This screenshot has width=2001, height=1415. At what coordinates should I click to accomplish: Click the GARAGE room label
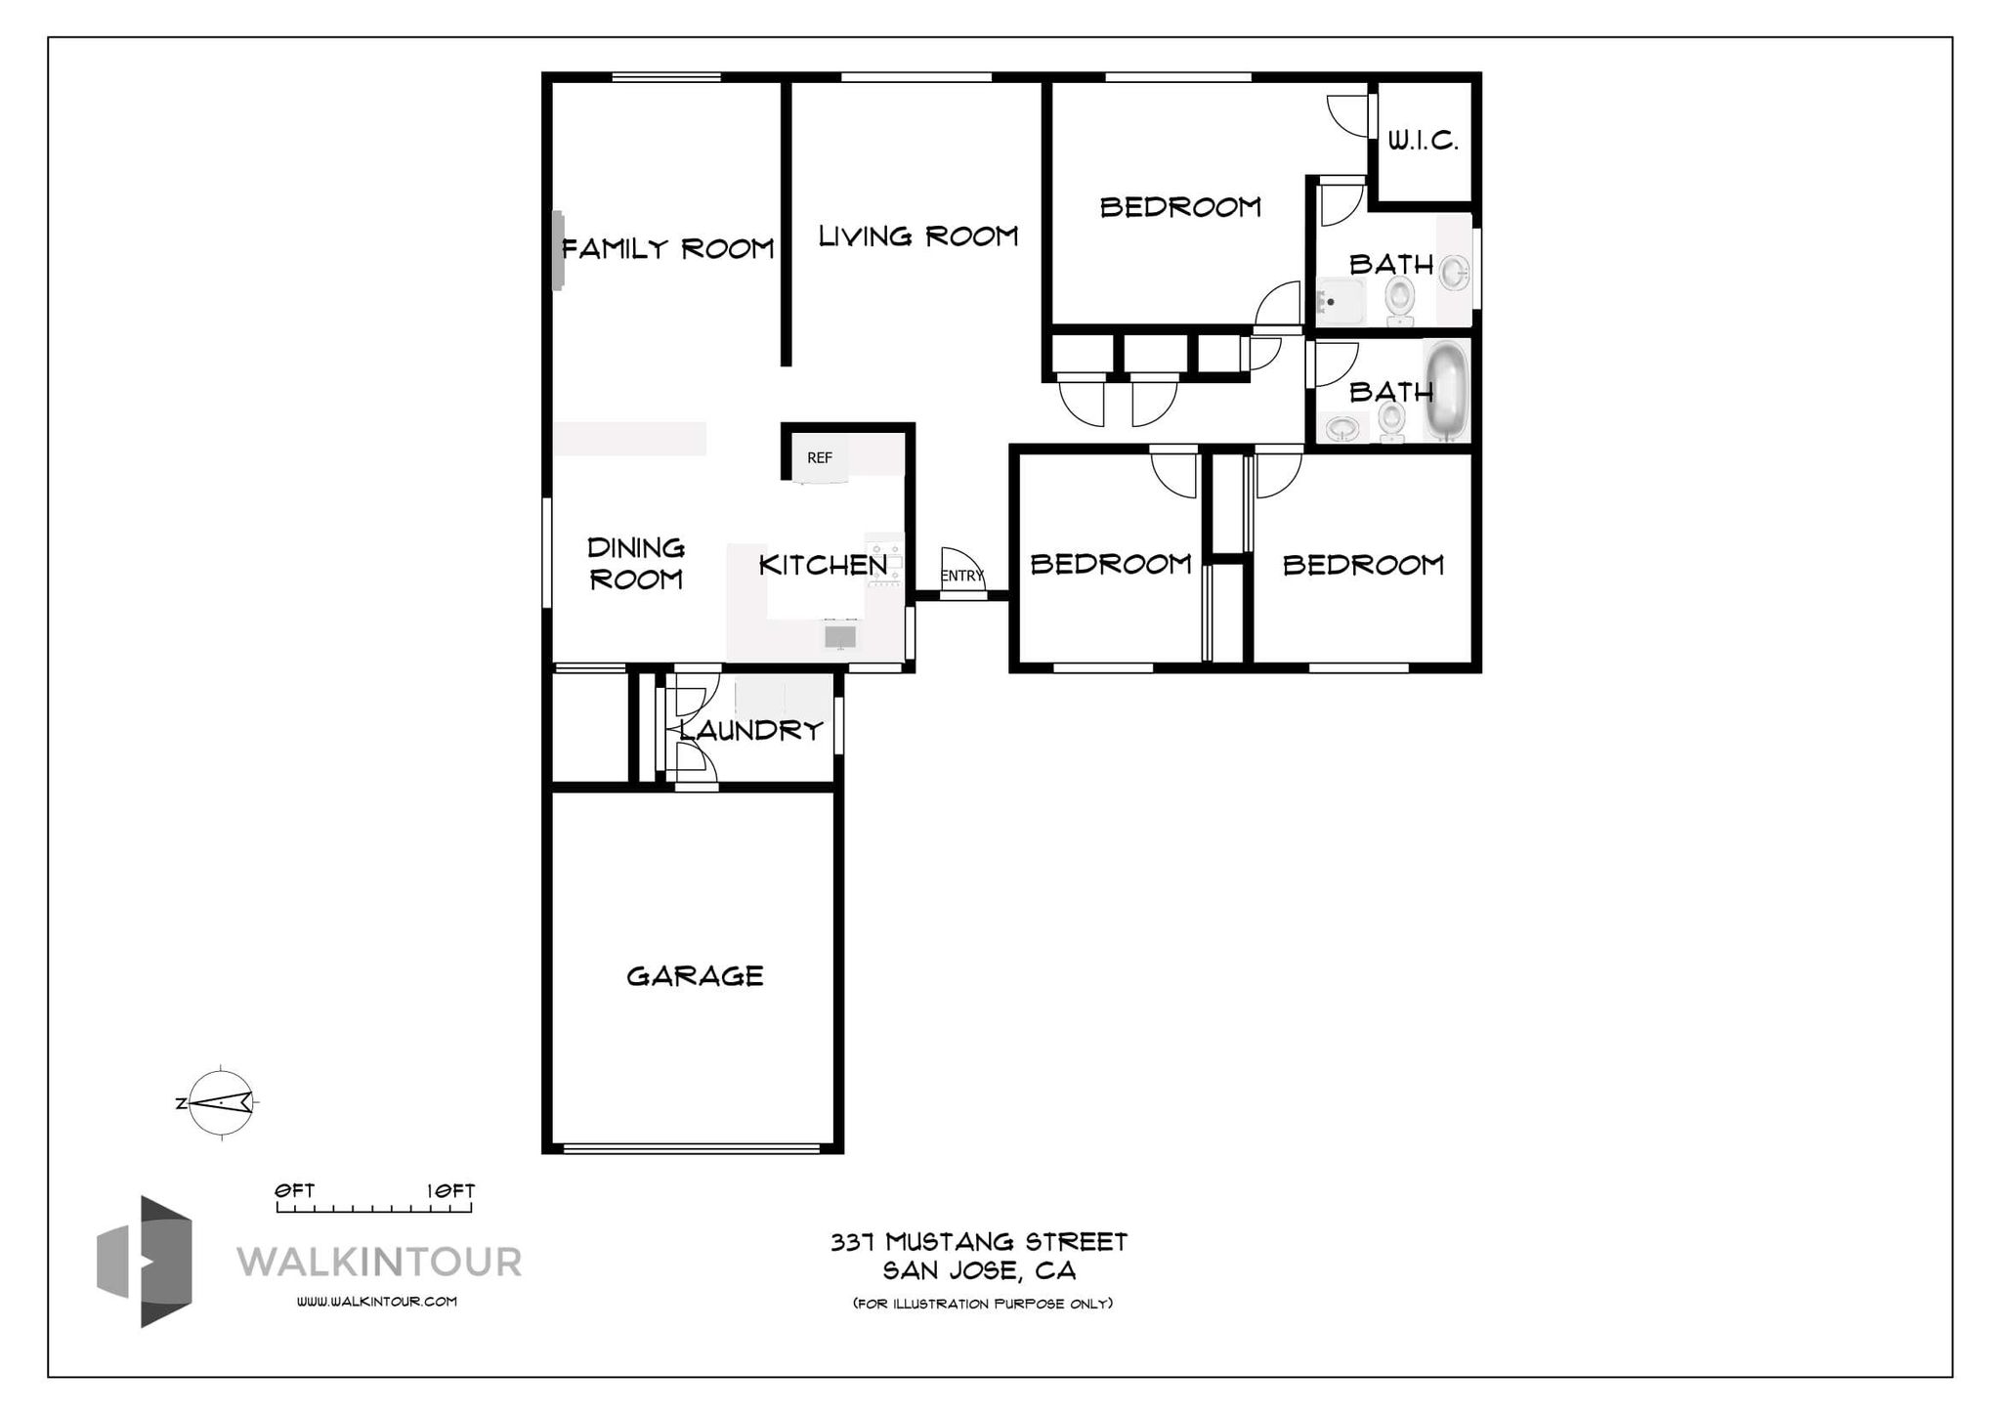tap(695, 976)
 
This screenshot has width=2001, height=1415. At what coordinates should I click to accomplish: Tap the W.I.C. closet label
tap(1423, 141)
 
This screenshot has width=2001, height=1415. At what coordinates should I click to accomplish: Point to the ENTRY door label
tap(962, 576)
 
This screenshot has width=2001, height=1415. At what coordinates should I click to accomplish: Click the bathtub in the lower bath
tap(1446, 391)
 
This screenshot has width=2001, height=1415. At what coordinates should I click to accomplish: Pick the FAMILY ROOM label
tap(668, 249)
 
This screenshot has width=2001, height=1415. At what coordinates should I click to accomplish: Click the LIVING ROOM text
tap(918, 236)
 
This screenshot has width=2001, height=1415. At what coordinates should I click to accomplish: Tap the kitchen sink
tap(840, 636)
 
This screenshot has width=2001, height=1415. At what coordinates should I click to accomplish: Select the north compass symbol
tap(221, 1103)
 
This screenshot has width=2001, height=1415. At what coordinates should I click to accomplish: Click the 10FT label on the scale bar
tap(450, 1191)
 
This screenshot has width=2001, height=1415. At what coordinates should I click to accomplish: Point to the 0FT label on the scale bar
tap(294, 1191)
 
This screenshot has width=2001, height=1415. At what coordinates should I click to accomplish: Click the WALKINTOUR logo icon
tap(145, 1262)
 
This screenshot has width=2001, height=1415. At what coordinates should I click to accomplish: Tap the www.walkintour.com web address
tap(377, 1302)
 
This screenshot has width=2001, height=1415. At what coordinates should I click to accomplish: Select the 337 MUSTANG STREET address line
tap(979, 1242)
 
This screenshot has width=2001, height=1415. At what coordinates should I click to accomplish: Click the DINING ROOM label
tap(636, 563)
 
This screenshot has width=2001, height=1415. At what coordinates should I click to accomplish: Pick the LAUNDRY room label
tap(751, 730)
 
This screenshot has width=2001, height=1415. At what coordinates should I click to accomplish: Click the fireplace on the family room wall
tap(558, 250)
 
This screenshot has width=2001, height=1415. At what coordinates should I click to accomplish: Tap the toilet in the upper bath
tap(1400, 299)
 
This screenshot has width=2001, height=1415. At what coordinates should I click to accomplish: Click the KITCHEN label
tap(824, 565)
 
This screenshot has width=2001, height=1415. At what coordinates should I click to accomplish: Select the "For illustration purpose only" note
tap(983, 1304)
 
